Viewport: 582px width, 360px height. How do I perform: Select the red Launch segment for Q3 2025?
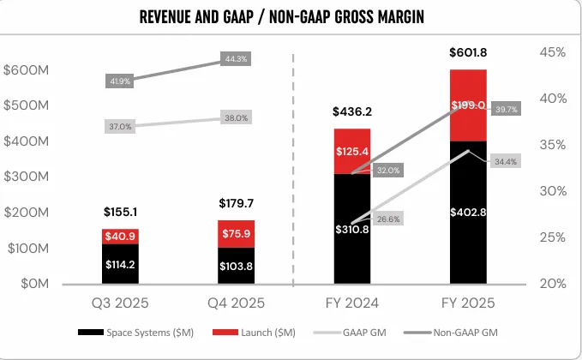coord(120,236)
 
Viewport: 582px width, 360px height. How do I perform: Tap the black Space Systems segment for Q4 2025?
coord(237,266)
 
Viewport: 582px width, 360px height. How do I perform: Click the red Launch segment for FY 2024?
coord(352,151)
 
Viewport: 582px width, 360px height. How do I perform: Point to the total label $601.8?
coord(468,54)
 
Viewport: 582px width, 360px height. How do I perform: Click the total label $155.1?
coord(120,212)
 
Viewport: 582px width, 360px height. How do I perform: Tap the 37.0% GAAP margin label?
coord(120,127)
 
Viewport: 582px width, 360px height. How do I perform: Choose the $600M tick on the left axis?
coord(25,69)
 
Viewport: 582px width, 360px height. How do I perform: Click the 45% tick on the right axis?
coord(554,52)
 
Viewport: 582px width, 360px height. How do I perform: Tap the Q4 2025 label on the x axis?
coord(237,303)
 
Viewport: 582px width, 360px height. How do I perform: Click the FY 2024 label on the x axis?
coord(352,303)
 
